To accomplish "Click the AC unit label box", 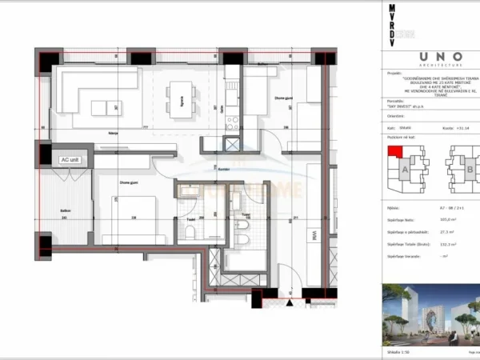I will coord(70,159).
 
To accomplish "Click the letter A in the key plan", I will coord(405,170).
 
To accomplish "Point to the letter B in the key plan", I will coord(466,170).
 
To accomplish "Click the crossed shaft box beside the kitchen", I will coord(233,146).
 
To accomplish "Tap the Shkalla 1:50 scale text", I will coord(394,350).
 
